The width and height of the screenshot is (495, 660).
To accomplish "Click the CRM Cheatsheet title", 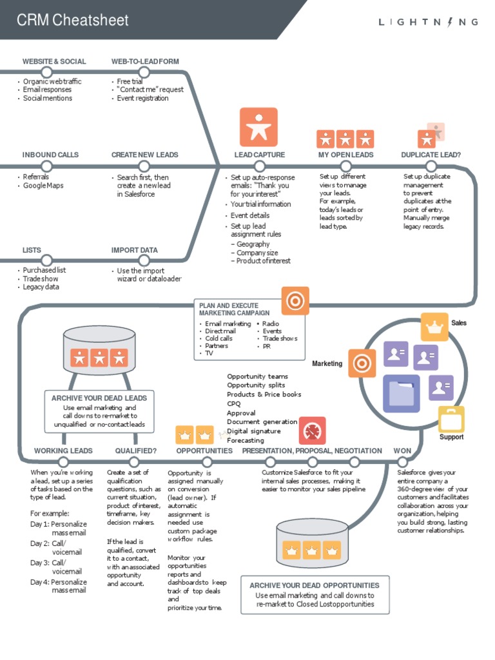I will tap(72, 21).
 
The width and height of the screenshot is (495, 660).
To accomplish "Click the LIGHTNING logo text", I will tap(428, 22).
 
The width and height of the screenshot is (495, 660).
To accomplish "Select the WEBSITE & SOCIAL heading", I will tap(54, 61).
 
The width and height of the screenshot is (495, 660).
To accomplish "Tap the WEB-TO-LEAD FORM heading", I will tap(145, 61).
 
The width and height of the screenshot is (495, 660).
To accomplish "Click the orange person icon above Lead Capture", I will tap(258, 127).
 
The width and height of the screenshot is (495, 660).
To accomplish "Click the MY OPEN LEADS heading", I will tap(345, 155).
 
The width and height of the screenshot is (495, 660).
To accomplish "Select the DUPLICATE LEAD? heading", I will tap(431, 155).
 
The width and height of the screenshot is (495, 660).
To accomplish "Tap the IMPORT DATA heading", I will tap(134, 250).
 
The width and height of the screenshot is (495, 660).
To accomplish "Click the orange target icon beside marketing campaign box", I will tap(295, 300).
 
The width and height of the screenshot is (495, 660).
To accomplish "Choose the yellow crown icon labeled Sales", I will tap(434, 327).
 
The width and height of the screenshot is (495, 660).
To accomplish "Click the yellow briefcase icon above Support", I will tap(451, 420).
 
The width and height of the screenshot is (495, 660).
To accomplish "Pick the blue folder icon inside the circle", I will tap(401, 394).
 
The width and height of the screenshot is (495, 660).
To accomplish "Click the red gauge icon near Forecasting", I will tap(312, 431).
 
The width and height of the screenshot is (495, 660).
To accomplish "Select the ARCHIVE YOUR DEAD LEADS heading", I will tap(99, 398).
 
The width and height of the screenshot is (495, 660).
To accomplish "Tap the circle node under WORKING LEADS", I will tap(63, 461).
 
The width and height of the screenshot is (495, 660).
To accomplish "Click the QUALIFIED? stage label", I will tap(136, 451).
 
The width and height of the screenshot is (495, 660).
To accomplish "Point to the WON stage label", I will tap(402, 451).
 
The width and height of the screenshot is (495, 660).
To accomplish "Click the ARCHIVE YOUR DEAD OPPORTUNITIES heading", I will tap(315, 585).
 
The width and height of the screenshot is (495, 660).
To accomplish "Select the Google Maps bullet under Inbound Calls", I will tap(43, 186).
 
